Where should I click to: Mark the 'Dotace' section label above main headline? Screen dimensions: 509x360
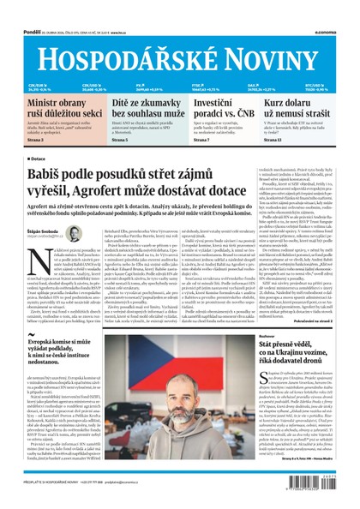[x=38, y=159]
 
